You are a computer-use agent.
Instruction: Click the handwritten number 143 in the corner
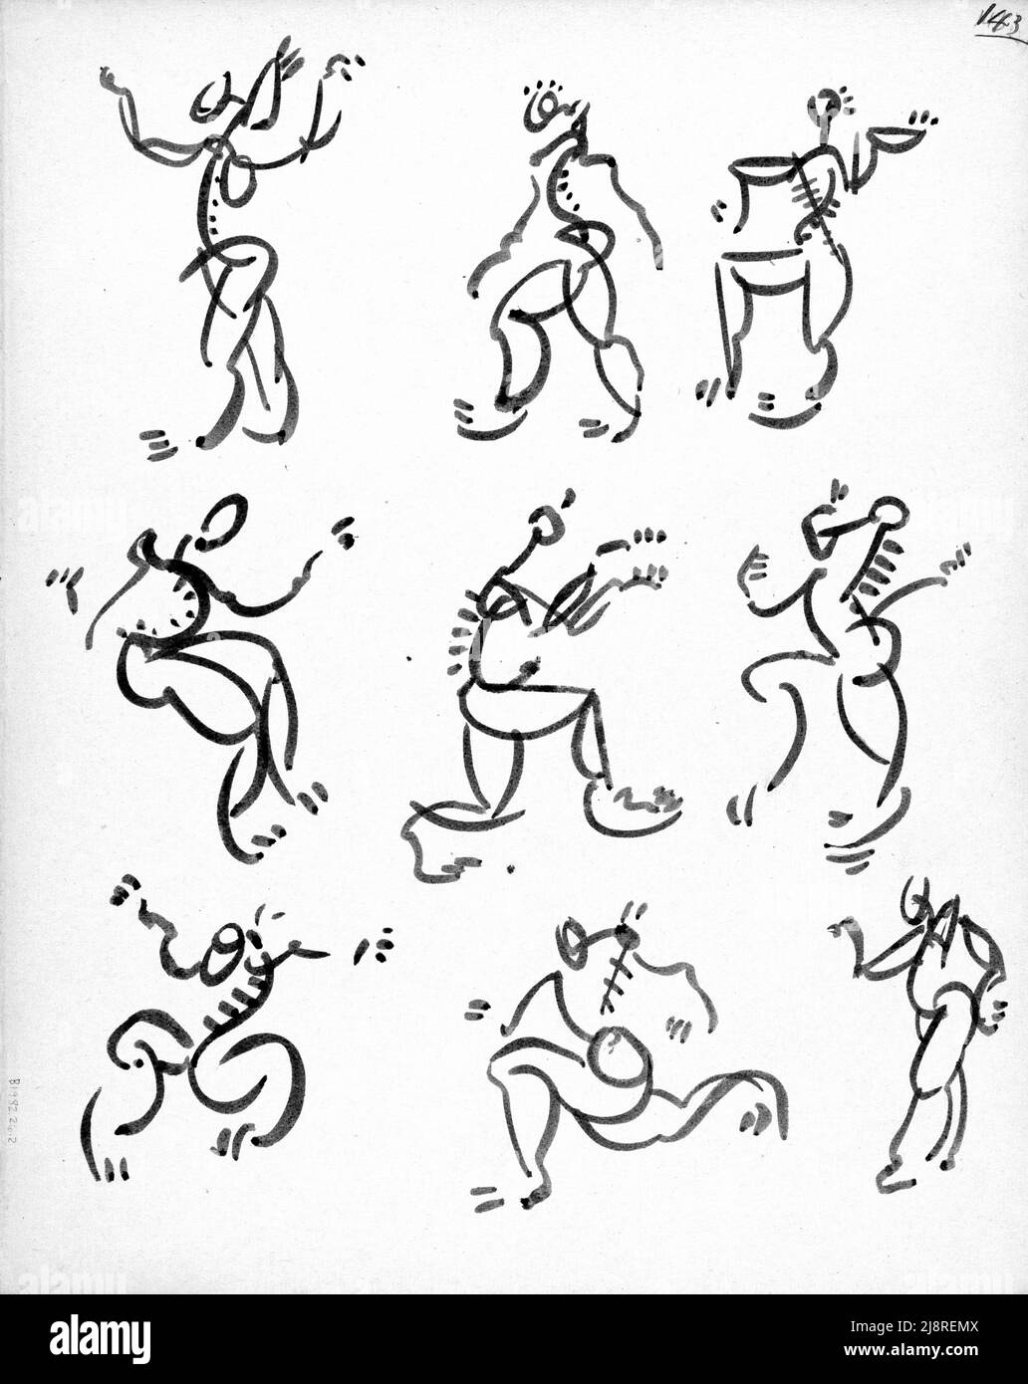(x=1000, y=20)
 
